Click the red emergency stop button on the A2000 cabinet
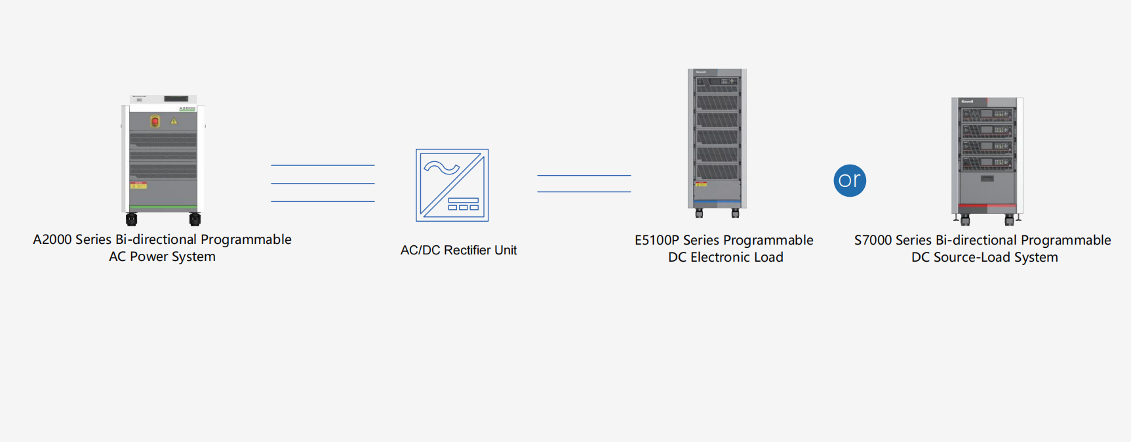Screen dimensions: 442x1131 pos(155,121)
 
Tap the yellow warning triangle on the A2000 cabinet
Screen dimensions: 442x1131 pos(174,121)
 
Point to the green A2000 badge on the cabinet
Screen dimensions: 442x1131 pos(188,108)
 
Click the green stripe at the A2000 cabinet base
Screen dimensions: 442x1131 pos(163,207)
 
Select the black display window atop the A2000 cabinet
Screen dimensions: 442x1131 pos(176,99)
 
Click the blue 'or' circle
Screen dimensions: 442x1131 pos(850,180)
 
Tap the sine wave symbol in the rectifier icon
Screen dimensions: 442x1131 pos(441,169)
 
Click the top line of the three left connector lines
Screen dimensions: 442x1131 pos(323,165)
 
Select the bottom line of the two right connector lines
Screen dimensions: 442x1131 pos(584,191)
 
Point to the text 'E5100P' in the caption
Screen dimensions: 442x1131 pos(657,240)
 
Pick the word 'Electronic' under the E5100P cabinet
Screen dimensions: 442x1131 pos(720,257)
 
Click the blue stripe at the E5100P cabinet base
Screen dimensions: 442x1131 pos(717,201)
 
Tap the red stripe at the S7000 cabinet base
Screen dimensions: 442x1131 pos(987,206)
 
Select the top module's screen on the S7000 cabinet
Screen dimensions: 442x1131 pos(986,114)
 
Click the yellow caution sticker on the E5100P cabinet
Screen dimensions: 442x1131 pos(701,184)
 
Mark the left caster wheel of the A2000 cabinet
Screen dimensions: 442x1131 pos(132,219)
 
